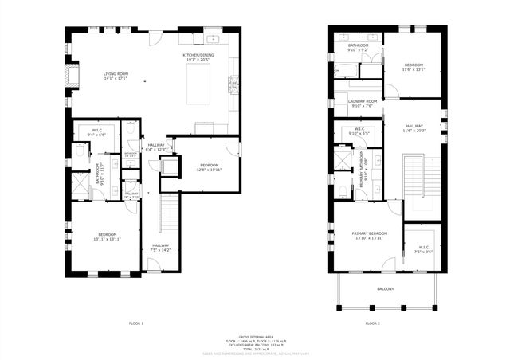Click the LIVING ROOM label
(x=116, y=76)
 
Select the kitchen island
(x=198, y=84)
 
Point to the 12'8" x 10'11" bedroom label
(x=210, y=167)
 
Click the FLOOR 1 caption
(x=136, y=323)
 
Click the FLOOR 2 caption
(x=373, y=323)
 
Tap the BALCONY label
(x=385, y=289)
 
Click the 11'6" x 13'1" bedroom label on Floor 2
(x=414, y=67)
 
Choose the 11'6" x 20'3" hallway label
(x=414, y=127)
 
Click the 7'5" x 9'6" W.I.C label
(x=423, y=249)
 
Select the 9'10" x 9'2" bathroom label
(x=358, y=48)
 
